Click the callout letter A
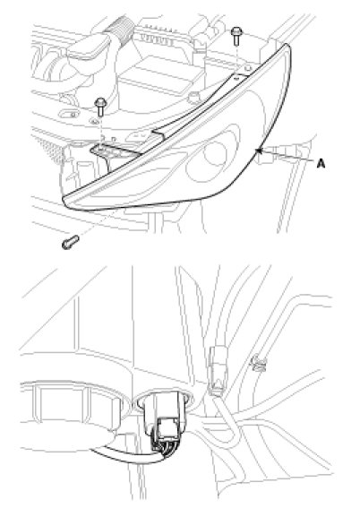pyautogui.click(x=321, y=163)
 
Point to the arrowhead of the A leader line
pyautogui.click(x=258, y=151)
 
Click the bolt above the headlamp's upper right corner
pyautogui.click(x=236, y=36)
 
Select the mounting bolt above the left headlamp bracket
pyautogui.click(x=100, y=106)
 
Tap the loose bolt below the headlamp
pyautogui.click(x=70, y=242)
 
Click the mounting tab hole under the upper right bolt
pyautogui.click(x=248, y=68)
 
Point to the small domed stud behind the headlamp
pyautogui.click(x=193, y=96)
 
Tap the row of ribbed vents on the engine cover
pyautogui.click(x=158, y=39)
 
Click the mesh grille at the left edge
pyautogui.click(x=48, y=149)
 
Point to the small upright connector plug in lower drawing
pyautogui.click(x=218, y=370)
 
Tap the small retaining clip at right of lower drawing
pyautogui.click(x=259, y=363)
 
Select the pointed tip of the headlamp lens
pyautogui.click(x=65, y=200)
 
